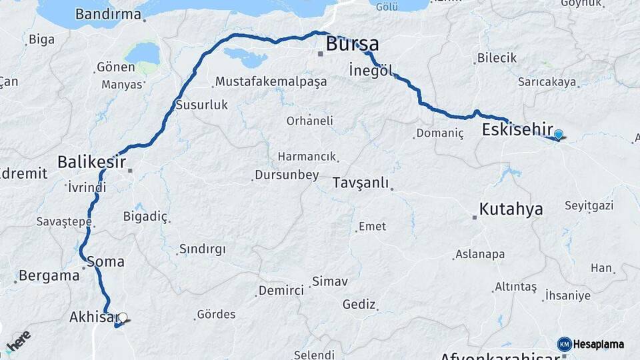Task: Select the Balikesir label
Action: point(91,161)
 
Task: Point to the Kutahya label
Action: point(511,209)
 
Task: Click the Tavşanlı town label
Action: point(360,183)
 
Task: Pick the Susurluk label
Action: point(202,105)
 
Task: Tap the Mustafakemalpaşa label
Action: point(271,81)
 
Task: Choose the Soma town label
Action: point(105,261)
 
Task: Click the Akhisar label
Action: point(93,317)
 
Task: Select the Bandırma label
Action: point(108,14)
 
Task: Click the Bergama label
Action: point(49,275)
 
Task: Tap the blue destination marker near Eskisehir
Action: point(559,134)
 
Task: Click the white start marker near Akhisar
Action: point(123,317)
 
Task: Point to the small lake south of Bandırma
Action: point(142,53)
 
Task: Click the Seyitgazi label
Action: point(589,205)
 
